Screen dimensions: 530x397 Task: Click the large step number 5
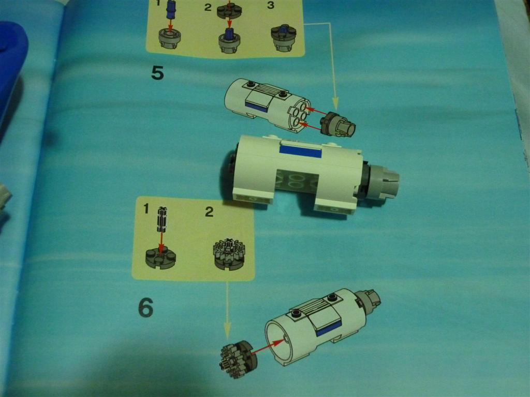pos(158,72)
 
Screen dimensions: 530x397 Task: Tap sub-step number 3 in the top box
pos(270,5)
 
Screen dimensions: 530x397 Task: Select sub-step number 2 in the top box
pos(208,7)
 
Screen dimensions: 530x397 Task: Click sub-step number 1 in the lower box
pos(146,209)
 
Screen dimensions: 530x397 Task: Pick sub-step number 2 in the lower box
pos(209,211)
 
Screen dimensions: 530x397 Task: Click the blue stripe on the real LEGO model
pos(301,151)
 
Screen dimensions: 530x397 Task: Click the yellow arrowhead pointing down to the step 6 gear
pos(227,330)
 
